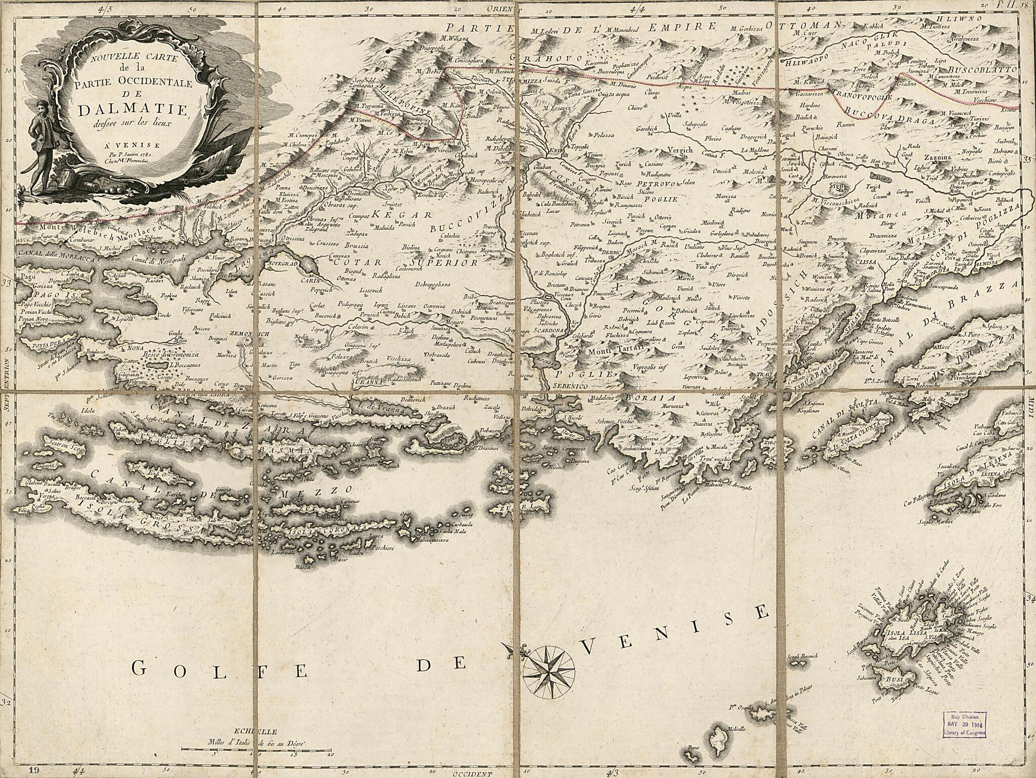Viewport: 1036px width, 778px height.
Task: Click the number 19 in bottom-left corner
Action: [x=34, y=770]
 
